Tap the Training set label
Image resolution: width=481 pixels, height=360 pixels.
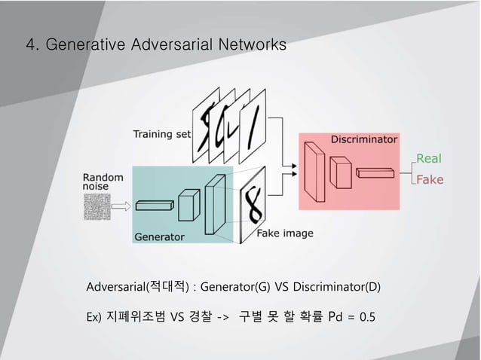162,135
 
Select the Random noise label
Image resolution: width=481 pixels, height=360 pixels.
103,178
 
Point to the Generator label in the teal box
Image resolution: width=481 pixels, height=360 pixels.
159,236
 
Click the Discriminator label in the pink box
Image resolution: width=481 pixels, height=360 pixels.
364,139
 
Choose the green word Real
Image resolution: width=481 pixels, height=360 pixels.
429,158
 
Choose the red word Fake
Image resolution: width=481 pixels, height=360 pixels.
430,180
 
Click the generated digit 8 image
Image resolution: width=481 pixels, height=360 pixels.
253,204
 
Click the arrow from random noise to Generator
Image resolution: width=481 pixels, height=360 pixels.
122,204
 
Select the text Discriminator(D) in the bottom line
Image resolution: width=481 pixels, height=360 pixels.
336,287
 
